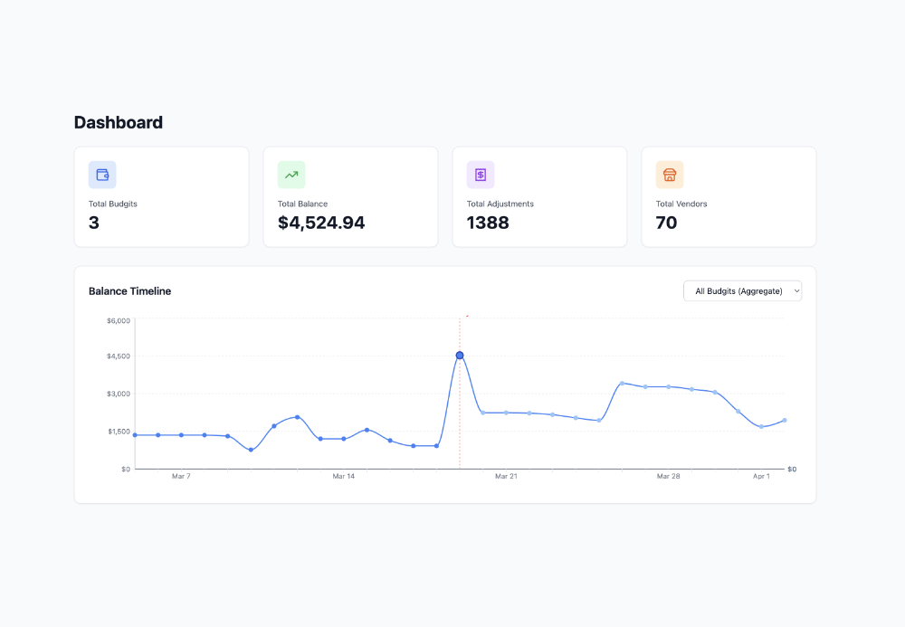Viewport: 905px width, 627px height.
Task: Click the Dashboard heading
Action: coord(119,123)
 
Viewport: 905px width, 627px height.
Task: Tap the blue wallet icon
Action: coord(102,175)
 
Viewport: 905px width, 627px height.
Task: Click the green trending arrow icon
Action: coord(291,175)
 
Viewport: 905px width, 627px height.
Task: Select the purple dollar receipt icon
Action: coord(481,175)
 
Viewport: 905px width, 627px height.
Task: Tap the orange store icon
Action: coord(670,175)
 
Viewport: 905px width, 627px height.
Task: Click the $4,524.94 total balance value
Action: coord(321,223)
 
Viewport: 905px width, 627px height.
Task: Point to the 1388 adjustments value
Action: coord(488,223)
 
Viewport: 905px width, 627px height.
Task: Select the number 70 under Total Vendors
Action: coord(666,223)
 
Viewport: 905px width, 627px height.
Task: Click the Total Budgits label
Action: coord(113,204)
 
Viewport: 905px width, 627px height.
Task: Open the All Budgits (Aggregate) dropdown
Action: coord(742,290)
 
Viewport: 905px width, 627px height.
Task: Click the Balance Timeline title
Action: coord(129,291)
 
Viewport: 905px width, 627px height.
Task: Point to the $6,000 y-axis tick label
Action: coord(119,320)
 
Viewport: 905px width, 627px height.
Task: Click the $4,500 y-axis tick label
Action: coord(119,356)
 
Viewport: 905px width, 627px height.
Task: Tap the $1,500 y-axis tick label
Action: coord(119,432)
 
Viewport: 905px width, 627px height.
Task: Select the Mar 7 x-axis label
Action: coord(181,476)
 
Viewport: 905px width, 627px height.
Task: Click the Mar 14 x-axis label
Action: coord(343,476)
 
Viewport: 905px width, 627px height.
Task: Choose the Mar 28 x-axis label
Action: coord(668,476)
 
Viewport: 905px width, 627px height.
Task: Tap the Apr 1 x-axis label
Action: coord(761,476)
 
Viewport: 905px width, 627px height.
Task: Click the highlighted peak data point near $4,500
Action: coord(460,356)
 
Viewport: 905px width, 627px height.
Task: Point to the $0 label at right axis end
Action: coord(792,469)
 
